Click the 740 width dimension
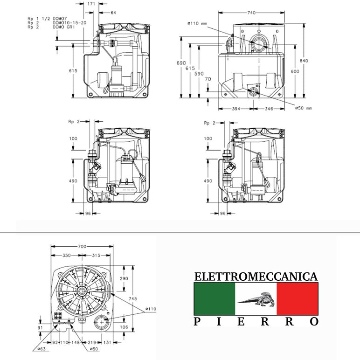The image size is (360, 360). click(251, 13)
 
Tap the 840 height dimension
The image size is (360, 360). click(304, 61)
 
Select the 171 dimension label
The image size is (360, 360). click(91, 4)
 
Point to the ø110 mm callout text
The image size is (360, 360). click(197, 23)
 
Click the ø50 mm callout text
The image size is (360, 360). click(303, 108)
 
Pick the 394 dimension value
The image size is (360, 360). click(236, 109)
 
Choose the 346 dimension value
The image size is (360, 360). click(269, 109)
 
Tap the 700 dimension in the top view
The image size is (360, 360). click(82, 247)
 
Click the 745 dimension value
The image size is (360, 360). click(133, 299)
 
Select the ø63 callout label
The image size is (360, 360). click(42, 349)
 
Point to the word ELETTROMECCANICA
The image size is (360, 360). click(256, 277)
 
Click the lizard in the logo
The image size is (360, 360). click(256, 299)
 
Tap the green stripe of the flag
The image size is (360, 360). click(215, 299)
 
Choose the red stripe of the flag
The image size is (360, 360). click(298, 299)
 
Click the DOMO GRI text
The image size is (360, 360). click(64, 27)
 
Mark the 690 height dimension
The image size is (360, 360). click(181, 63)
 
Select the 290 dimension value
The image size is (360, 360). click(124, 278)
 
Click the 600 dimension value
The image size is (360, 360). click(295, 71)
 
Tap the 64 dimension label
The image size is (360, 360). click(113, 13)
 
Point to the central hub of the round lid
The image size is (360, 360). click(82, 291)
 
